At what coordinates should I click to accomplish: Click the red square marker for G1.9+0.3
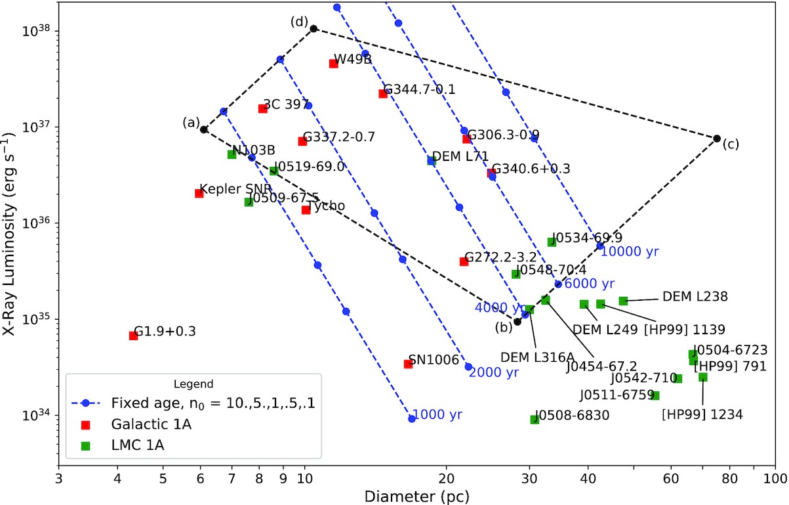[x=133, y=336]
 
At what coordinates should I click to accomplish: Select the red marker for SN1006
[x=408, y=364]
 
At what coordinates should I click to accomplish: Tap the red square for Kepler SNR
[x=199, y=193]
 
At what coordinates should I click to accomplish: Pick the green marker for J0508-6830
[x=535, y=419]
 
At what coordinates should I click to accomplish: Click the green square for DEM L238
[x=623, y=301]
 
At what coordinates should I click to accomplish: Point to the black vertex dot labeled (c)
[x=717, y=139]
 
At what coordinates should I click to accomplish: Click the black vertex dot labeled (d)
[x=314, y=28]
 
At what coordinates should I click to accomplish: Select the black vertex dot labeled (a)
[x=204, y=129]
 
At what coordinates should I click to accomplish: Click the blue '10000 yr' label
[x=629, y=251]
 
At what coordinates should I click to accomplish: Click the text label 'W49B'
[x=353, y=60]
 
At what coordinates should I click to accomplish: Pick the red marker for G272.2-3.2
[x=464, y=261]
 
